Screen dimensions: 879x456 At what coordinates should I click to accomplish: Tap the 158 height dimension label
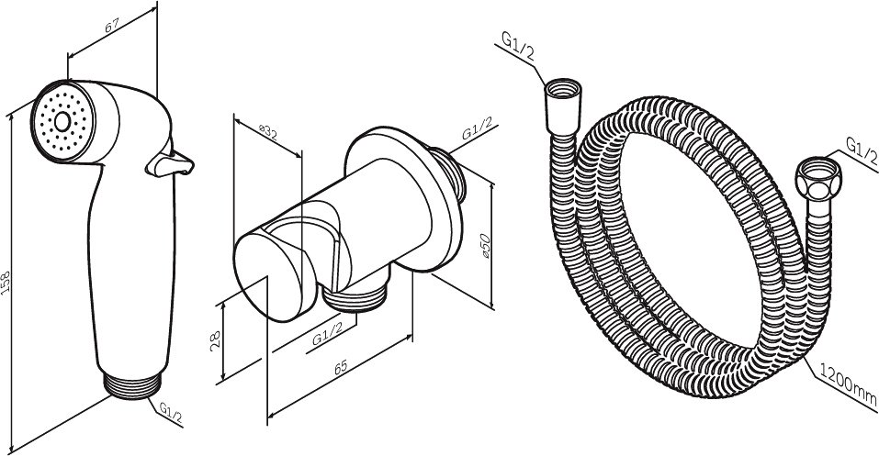6,283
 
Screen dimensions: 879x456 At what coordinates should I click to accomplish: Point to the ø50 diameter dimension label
486,246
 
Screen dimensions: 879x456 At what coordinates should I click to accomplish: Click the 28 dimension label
215,341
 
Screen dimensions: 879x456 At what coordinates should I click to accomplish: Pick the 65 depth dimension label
340,368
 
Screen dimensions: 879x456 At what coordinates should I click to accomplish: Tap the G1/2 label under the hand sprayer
171,412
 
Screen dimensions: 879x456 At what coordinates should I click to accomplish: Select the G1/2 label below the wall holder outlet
327,336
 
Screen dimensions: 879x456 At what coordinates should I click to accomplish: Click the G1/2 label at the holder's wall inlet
477,128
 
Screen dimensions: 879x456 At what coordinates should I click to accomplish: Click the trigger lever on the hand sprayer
170,163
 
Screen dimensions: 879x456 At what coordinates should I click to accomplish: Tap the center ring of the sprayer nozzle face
62,121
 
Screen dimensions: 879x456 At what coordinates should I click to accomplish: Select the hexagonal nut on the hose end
817,179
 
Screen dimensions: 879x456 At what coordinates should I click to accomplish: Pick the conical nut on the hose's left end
563,106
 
